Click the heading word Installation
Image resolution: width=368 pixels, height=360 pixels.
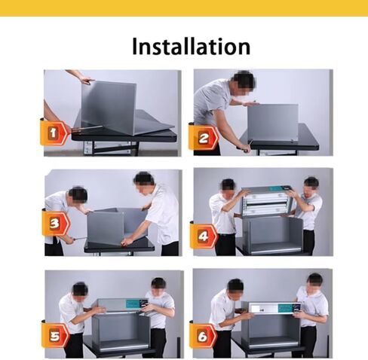(191, 46)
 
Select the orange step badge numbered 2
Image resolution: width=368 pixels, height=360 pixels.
(204, 138)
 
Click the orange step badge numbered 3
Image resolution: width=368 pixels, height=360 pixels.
(55, 224)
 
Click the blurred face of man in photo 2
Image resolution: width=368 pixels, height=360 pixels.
(244, 80)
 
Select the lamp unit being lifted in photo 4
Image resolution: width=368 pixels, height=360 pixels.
(265, 200)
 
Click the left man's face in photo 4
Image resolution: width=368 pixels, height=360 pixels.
(227, 186)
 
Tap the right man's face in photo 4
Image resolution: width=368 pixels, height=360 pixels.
(311, 184)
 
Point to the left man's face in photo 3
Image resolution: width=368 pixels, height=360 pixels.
(78, 196)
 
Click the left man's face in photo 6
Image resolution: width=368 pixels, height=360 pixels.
(235, 286)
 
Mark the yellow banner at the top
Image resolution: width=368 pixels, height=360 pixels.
(184, 8)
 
